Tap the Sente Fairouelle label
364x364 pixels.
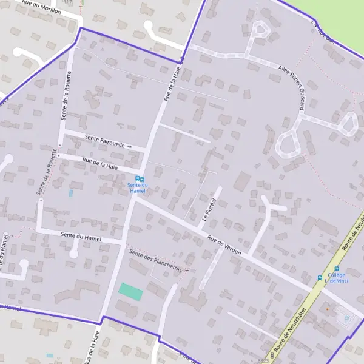coord(104,141)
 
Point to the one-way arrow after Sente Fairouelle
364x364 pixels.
coord(129,146)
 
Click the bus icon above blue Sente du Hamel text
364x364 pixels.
coord(139,179)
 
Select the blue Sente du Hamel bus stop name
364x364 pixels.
coord(138,189)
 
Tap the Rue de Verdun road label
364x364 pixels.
coord(224,244)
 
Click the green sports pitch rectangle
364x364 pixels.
coord(130,291)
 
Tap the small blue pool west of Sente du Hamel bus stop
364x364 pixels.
coord(71,194)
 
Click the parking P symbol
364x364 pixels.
coord(346,318)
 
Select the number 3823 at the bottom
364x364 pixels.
coord(263,360)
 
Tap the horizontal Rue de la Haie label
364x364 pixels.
coord(99,163)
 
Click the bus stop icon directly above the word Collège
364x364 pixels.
coord(337,269)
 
